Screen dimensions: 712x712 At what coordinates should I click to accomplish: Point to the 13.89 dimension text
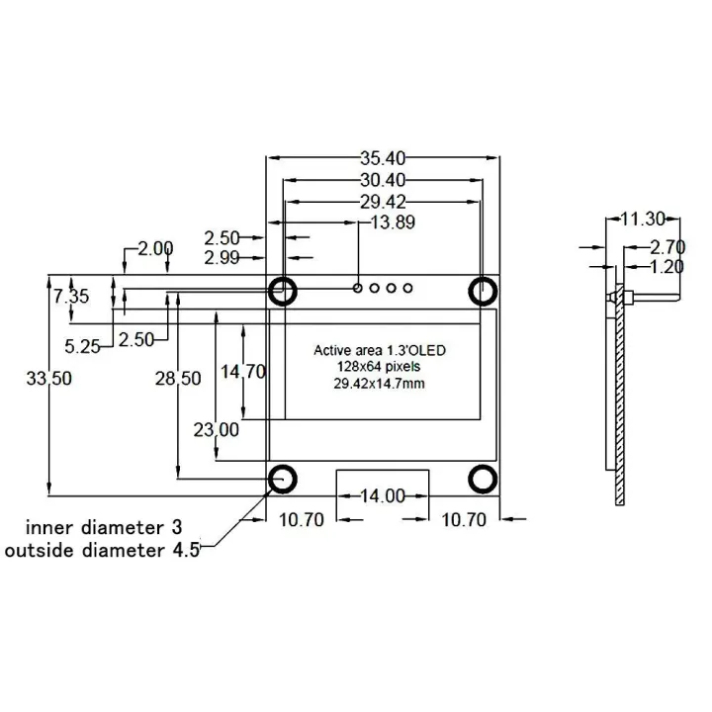click(x=392, y=222)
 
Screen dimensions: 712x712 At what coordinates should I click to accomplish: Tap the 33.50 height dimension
click(x=49, y=379)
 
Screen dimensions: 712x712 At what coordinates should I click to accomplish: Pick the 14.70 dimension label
click(x=243, y=372)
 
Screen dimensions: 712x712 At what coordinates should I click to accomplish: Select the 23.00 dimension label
click(x=216, y=429)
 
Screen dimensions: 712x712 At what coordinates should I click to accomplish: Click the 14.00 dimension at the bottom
click(x=383, y=495)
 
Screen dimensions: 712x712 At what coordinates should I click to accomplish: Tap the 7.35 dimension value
click(x=71, y=296)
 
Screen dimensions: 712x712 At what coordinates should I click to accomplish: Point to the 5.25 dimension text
click(x=83, y=345)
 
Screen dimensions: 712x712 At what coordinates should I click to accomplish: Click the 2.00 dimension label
click(x=155, y=248)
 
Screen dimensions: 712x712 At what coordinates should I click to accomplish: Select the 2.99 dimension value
click(x=222, y=259)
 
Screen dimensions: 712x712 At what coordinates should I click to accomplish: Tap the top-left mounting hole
click(x=284, y=291)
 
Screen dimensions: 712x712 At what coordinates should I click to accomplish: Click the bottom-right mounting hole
click(x=483, y=479)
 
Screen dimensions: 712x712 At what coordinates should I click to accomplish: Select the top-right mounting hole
click(x=483, y=291)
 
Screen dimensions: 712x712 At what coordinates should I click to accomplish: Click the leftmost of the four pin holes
click(x=358, y=289)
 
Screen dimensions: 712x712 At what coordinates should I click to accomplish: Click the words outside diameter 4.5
click(x=103, y=551)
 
